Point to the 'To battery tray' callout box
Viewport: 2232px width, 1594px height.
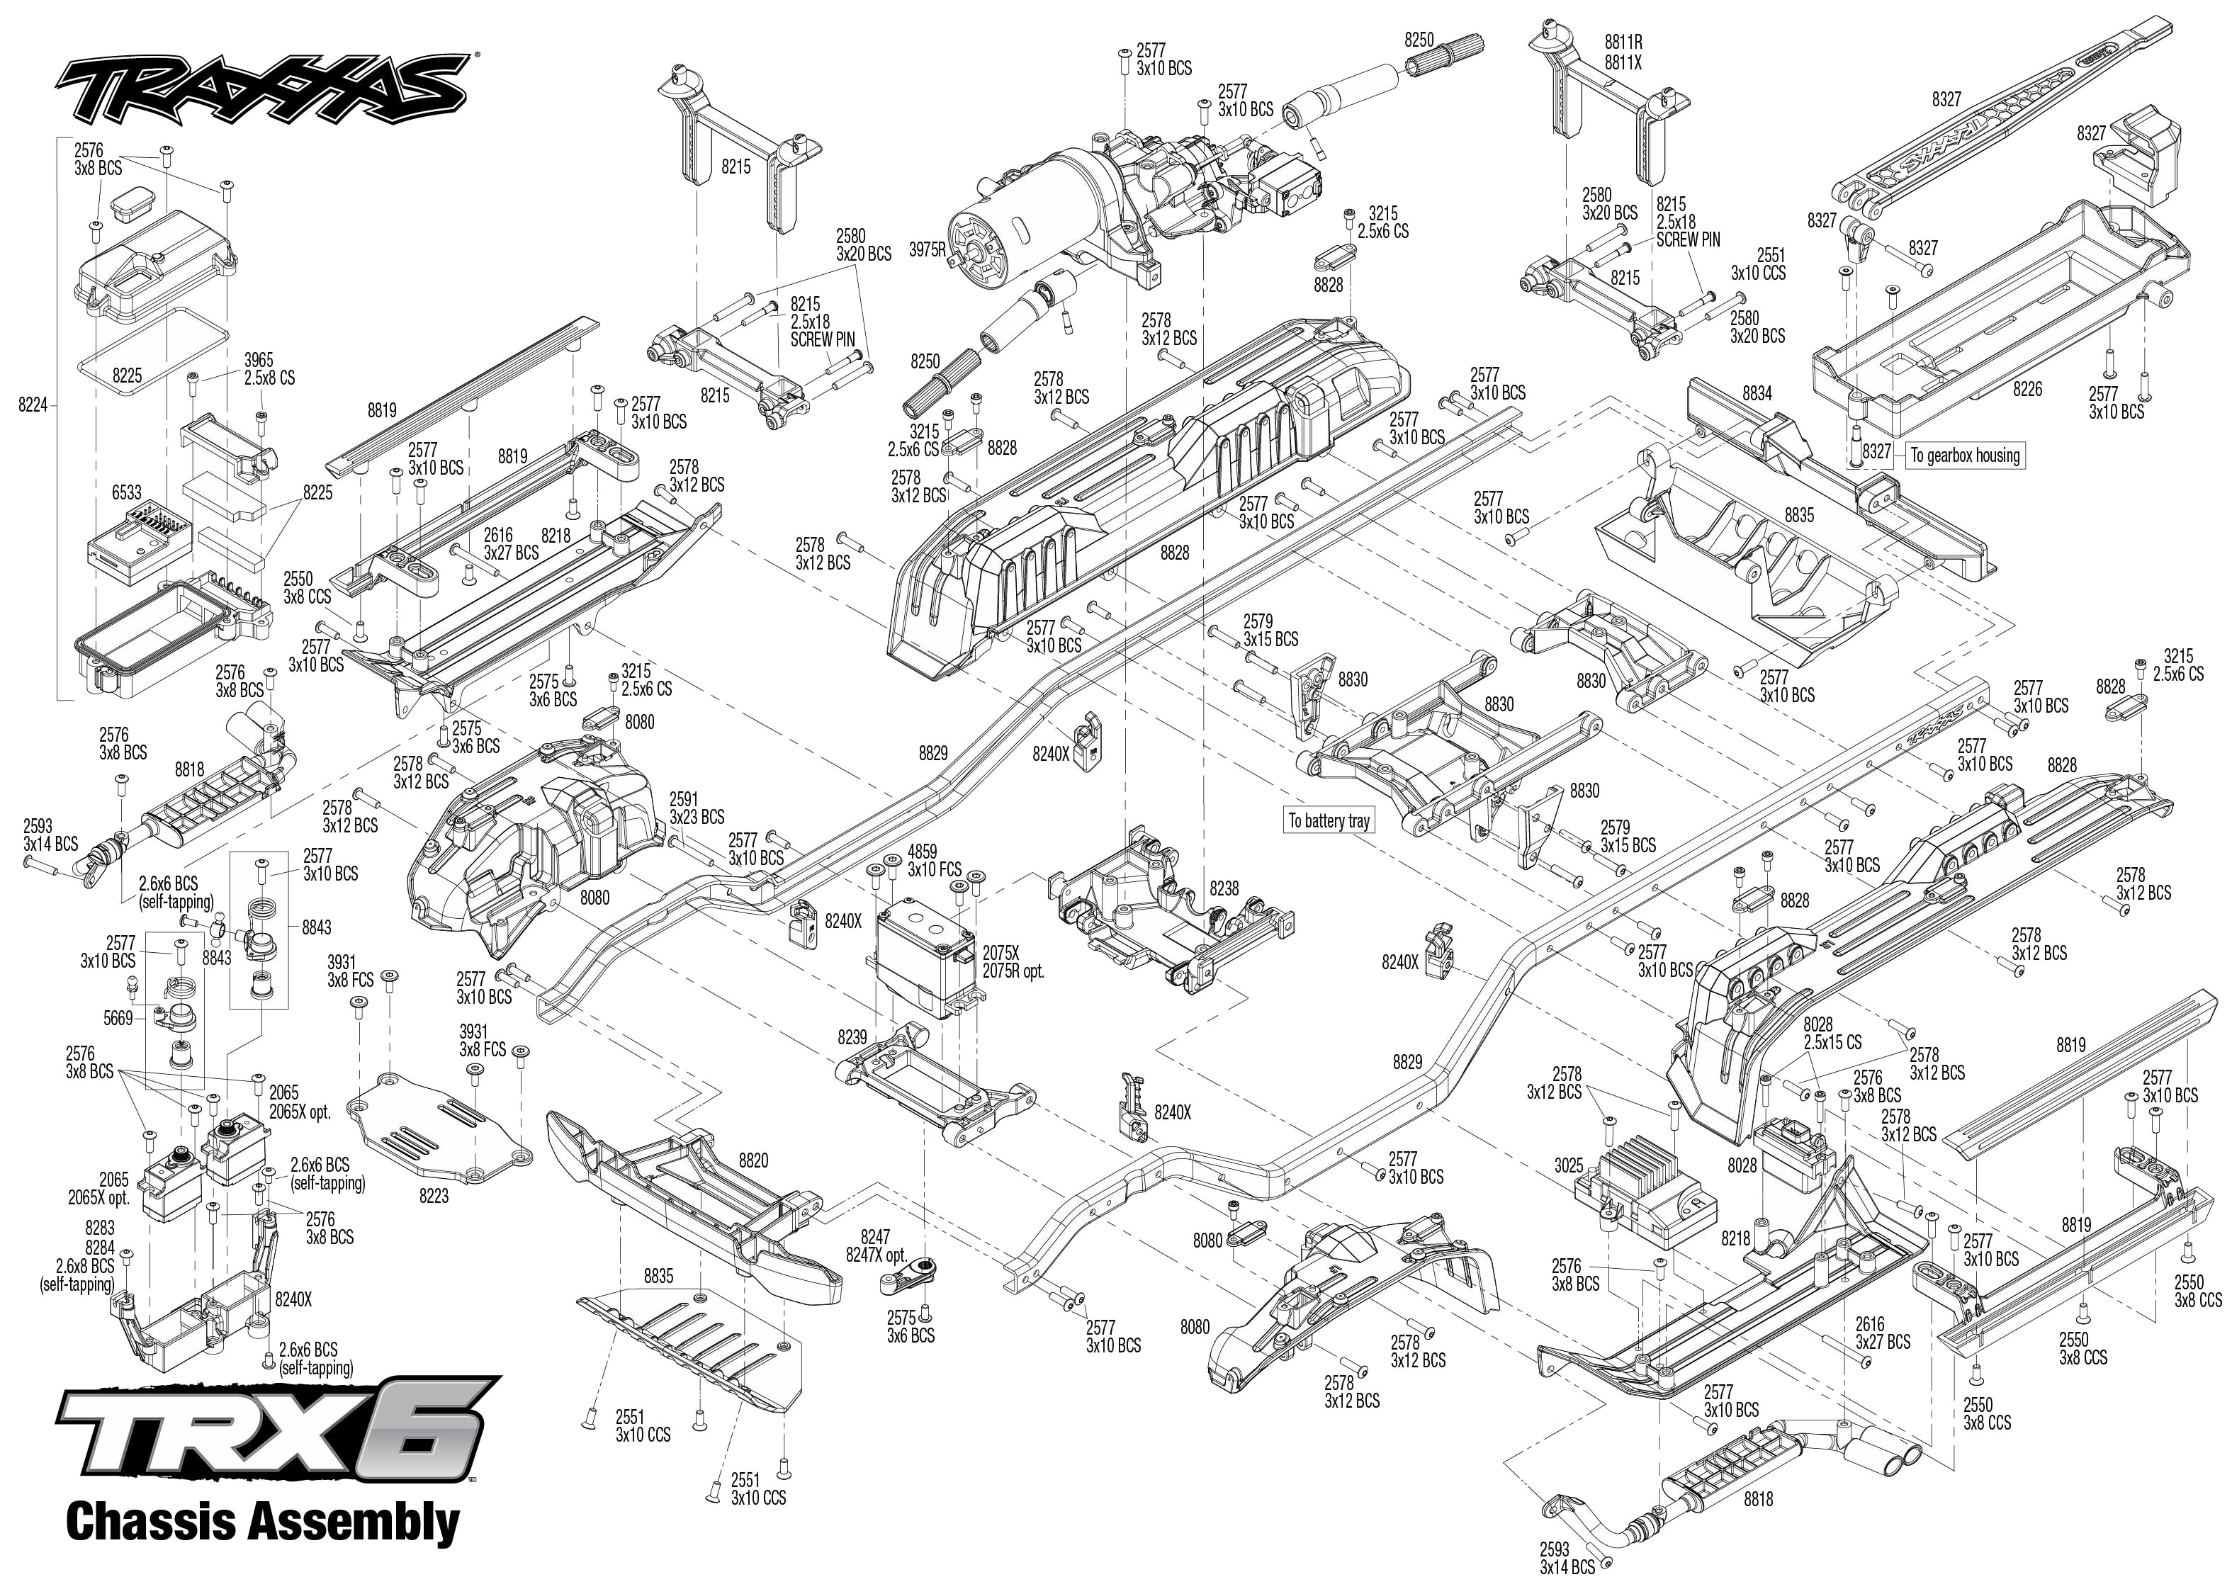[1329, 820]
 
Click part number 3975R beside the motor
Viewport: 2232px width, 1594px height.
[928, 249]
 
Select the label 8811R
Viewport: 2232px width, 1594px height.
[1623, 43]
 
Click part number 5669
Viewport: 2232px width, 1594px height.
[118, 1019]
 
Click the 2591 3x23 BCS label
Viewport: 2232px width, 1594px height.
[697, 807]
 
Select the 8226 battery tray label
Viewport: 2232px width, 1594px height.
[2027, 389]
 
